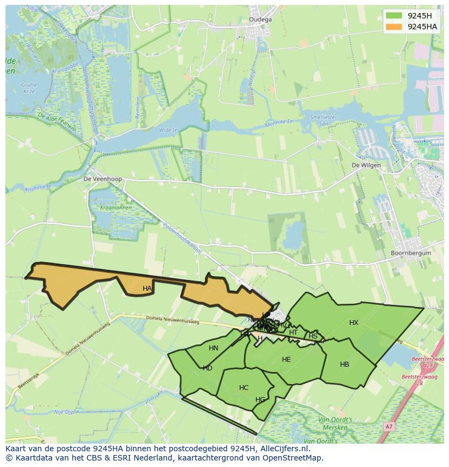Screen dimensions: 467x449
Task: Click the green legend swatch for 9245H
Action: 394,16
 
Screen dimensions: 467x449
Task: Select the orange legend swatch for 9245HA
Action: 394,27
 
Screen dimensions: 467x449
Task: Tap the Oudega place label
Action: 260,20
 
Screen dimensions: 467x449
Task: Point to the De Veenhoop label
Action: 102,178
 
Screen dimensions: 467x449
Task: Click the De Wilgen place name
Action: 366,165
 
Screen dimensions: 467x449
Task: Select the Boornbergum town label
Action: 410,253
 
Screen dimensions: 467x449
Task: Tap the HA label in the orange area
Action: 147,289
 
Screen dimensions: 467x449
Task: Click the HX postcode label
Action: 354,323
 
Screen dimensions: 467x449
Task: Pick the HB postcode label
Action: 344,364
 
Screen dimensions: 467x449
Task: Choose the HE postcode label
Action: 286,360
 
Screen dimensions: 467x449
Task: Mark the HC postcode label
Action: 243,388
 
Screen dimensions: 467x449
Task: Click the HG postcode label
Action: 260,400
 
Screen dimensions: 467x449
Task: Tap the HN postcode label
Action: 214,348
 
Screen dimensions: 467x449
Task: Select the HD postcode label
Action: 208,368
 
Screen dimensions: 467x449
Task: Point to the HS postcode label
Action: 313,336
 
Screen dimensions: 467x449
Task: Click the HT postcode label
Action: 293,332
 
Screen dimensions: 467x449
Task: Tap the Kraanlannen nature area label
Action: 109,208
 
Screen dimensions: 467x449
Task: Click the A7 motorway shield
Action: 388,427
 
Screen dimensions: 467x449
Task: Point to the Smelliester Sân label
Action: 324,120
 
